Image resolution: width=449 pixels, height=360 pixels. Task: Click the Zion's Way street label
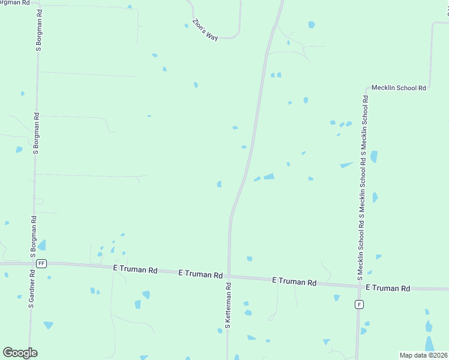click(205, 30)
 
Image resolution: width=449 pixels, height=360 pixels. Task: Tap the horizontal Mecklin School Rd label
click(399, 88)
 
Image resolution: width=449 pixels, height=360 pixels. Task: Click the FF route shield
click(41, 263)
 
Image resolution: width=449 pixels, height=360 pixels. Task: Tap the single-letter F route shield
click(359, 304)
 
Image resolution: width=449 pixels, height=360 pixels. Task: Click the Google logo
click(20, 353)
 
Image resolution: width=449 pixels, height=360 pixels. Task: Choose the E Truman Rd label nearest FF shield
click(135, 270)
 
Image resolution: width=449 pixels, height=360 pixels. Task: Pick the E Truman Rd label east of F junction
click(387, 289)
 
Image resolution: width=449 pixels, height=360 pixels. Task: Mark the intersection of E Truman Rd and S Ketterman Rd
click(229, 277)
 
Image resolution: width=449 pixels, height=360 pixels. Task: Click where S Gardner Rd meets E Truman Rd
click(32, 263)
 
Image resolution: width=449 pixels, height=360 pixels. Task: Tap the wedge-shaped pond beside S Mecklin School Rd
click(346, 164)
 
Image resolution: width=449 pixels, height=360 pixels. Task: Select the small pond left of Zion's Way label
click(186, 25)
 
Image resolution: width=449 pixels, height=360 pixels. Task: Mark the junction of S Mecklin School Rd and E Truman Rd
click(359, 286)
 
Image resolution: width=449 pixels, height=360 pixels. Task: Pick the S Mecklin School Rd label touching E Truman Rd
click(359, 247)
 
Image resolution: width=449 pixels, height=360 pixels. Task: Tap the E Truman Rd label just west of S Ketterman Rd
click(200, 274)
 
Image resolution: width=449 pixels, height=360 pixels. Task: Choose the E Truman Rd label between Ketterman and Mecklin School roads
click(294, 281)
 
